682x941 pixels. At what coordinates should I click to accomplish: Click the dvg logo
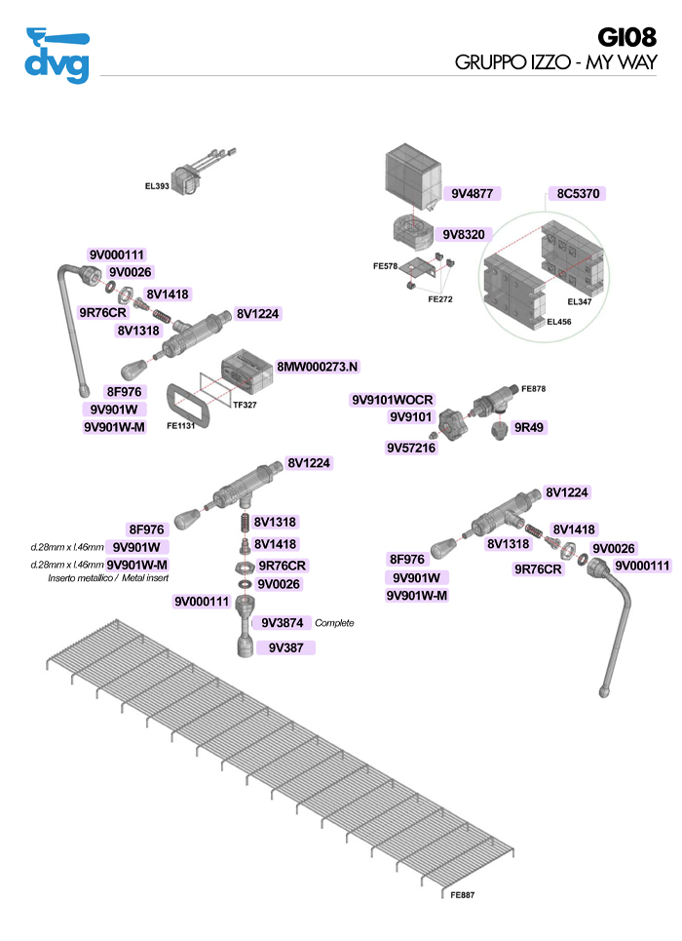click(x=57, y=55)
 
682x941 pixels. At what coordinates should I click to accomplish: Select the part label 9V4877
click(x=474, y=194)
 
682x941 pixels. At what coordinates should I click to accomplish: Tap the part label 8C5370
click(x=577, y=194)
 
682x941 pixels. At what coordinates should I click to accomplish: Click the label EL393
click(x=156, y=185)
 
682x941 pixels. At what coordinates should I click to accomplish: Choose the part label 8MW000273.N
click(x=318, y=367)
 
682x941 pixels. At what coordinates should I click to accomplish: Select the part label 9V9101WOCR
click(x=392, y=400)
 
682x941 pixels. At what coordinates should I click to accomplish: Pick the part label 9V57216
click(x=411, y=448)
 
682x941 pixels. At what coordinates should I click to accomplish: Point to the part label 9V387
click(x=284, y=647)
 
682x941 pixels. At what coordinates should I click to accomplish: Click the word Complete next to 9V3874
click(x=334, y=623)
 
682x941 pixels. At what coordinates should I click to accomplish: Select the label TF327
click(x=245, y=405)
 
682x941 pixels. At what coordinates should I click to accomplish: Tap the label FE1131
click(x=183, y=425)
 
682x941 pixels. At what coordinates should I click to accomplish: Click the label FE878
click(x=533, y=389)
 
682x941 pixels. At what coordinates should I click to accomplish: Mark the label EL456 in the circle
click(x=558, y=320)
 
